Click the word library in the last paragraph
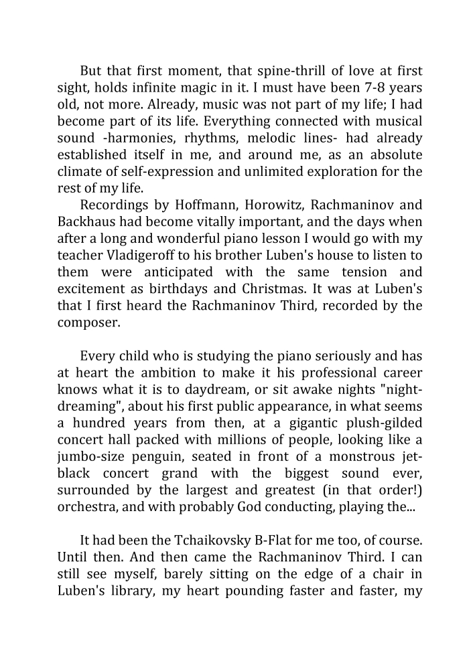click(126, 590)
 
